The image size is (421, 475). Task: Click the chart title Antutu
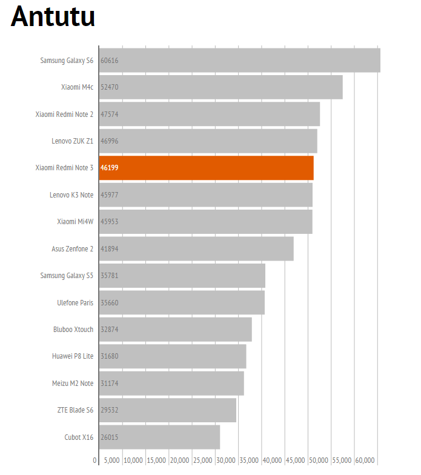tap(53, 17)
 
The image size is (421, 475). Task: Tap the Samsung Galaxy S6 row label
tap(67, 61)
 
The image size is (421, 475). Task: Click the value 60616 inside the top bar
tap(110, 61)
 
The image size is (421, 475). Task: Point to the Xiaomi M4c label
tap(77, 87)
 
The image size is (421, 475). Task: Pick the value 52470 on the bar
tap(110, 87)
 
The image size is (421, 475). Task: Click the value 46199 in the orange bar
tap(110, 168)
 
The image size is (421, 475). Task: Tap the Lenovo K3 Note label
tap(71, 195)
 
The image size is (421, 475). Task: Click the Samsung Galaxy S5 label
tap(67, 276)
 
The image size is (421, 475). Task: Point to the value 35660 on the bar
tap(110, 302)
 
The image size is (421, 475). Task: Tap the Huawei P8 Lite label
tap(72, 356)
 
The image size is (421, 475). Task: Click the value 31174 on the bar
tap(110, 383)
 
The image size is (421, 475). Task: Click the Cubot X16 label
tap(79, 437)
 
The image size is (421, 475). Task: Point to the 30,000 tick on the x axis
tap(226, 460)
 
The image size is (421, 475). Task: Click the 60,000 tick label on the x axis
tap(365, 460)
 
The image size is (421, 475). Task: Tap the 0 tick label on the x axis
tap(95, 460)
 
